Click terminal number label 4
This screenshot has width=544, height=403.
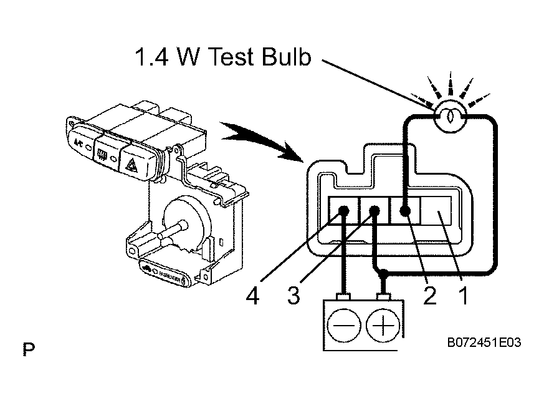pyautogui.click(x=252, y=296)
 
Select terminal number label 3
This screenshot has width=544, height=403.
pyautogui.click(x=293, y=296)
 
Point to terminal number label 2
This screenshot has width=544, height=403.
pyautogui.click(x=429, y=296)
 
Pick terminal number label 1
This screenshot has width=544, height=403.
pyautogui.click(x=462, y=296)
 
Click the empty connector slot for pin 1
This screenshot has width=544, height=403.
pyautogui.click(x=438, y=211)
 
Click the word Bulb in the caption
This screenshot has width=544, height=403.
pyautogui.click(x=279, y=57)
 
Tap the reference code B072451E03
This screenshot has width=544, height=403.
pyautogui.click(x=484, y=343)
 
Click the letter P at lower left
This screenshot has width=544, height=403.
pyautogui.click(x=29, y=349)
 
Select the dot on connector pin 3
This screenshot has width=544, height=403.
pyautogui.click(x=375, y=212)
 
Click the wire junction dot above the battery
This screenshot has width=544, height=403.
pyautogui.click(x=386, y=273)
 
